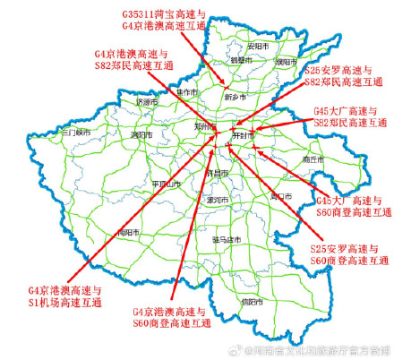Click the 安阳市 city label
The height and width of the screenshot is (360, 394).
[258, 44]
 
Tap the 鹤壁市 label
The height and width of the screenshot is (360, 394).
[240, 60]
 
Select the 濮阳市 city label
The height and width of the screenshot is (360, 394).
[286, 63]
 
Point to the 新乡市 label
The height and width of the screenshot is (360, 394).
[235, 94]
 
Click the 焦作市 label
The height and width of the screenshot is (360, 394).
[188, 91]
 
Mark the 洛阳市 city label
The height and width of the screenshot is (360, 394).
[141, 134]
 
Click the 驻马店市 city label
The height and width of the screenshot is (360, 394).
[227, 240]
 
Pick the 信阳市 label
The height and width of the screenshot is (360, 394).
[253, 303]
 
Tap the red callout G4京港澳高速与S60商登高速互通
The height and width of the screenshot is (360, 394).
[169, 317]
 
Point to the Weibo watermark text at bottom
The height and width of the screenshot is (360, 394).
[318, 352]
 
